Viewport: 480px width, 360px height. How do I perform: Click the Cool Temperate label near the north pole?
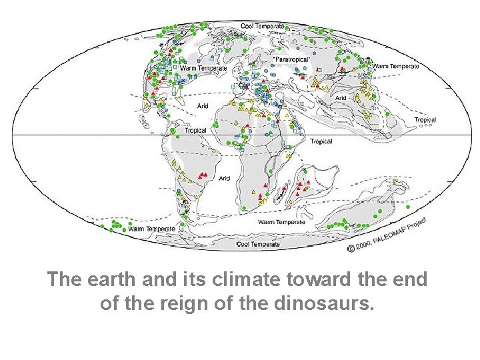click(263, 26)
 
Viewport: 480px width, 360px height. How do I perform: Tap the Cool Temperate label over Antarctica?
click(258, 245)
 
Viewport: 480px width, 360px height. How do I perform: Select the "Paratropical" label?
click(291, 59)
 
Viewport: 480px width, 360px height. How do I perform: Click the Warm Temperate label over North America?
click(203, 68)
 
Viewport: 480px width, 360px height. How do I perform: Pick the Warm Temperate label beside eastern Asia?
click(396, 66)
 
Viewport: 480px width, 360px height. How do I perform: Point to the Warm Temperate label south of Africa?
click(281, 222)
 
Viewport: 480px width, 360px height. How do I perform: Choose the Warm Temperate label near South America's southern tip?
click(151, 229)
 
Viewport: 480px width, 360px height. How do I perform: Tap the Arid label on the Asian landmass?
click(341, 98)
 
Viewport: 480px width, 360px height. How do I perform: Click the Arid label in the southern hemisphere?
click(225, 178)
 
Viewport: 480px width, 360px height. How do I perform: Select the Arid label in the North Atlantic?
click(203, 105)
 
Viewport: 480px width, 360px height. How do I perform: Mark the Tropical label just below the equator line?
click(321, 141)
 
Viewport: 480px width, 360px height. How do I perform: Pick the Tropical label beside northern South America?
click(195, 131)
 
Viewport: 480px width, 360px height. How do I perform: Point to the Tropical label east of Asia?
click(425, 121)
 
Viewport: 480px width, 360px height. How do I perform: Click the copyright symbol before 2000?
click(350, 249)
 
